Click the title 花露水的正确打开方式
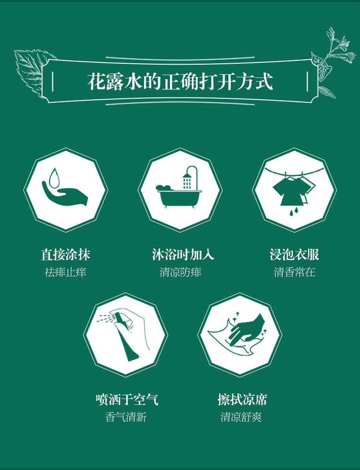pyautogui.click(x=180, y=81)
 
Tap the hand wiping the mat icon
pyautogui.click(x=240, y=333)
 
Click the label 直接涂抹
pyautogui.click(x=65, y=254)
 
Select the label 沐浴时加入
pyautogui.click(x=183, y=254)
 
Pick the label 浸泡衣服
pyautogui.click(x=294, y=254)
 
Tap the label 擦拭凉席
pyautogui.click(x=242, y=399)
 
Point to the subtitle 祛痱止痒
pyautogui.click(x=65, y=272)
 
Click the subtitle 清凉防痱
pyautogui.click(x=180, y=272)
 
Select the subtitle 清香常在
pyautogui.click(x=294, y=272)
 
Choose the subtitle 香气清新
pyautogui.click(x=126, y=417)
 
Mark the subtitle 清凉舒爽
pyautogui.click(x=241, y=417)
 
